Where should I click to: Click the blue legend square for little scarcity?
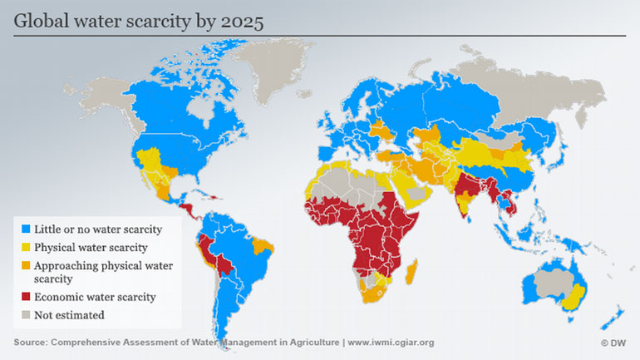[x=27, y=229]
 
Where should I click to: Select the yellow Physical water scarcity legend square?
[x=27, y=247]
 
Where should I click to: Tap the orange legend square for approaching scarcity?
[x=27, y=266]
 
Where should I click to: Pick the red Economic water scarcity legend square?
[x=27, y=297]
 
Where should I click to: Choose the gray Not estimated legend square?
[x=27, y=315]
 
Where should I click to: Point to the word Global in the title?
[x=42, y=22]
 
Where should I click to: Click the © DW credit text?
[x=614, y=343]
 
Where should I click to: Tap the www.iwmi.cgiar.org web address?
[x=391, y=343]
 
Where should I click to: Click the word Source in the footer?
[x=30, y=343]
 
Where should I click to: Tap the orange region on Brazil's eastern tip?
[x=265, y=245]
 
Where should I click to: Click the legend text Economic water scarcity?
[x=96, y=297]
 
